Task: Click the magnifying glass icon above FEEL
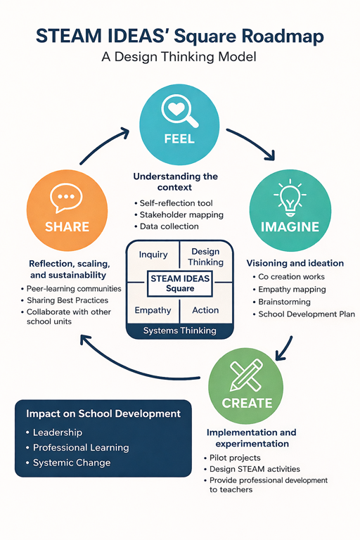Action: point(179,110)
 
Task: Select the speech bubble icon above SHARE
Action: point(66,198)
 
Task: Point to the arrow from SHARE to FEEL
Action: point(101,143)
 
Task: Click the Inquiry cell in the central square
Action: point(153,255)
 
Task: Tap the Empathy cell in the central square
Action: point(153,310)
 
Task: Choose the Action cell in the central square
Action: point(206,310)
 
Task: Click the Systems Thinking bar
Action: point(180,330)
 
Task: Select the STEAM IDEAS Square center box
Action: point(180,283)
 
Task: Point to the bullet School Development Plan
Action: point(304,314)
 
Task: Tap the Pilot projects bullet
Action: point(232,458)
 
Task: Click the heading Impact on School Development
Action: point(103,413)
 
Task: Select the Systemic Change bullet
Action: point(69,463)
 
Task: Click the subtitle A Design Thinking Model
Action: point(179,57)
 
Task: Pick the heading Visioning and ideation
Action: point(295,263)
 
